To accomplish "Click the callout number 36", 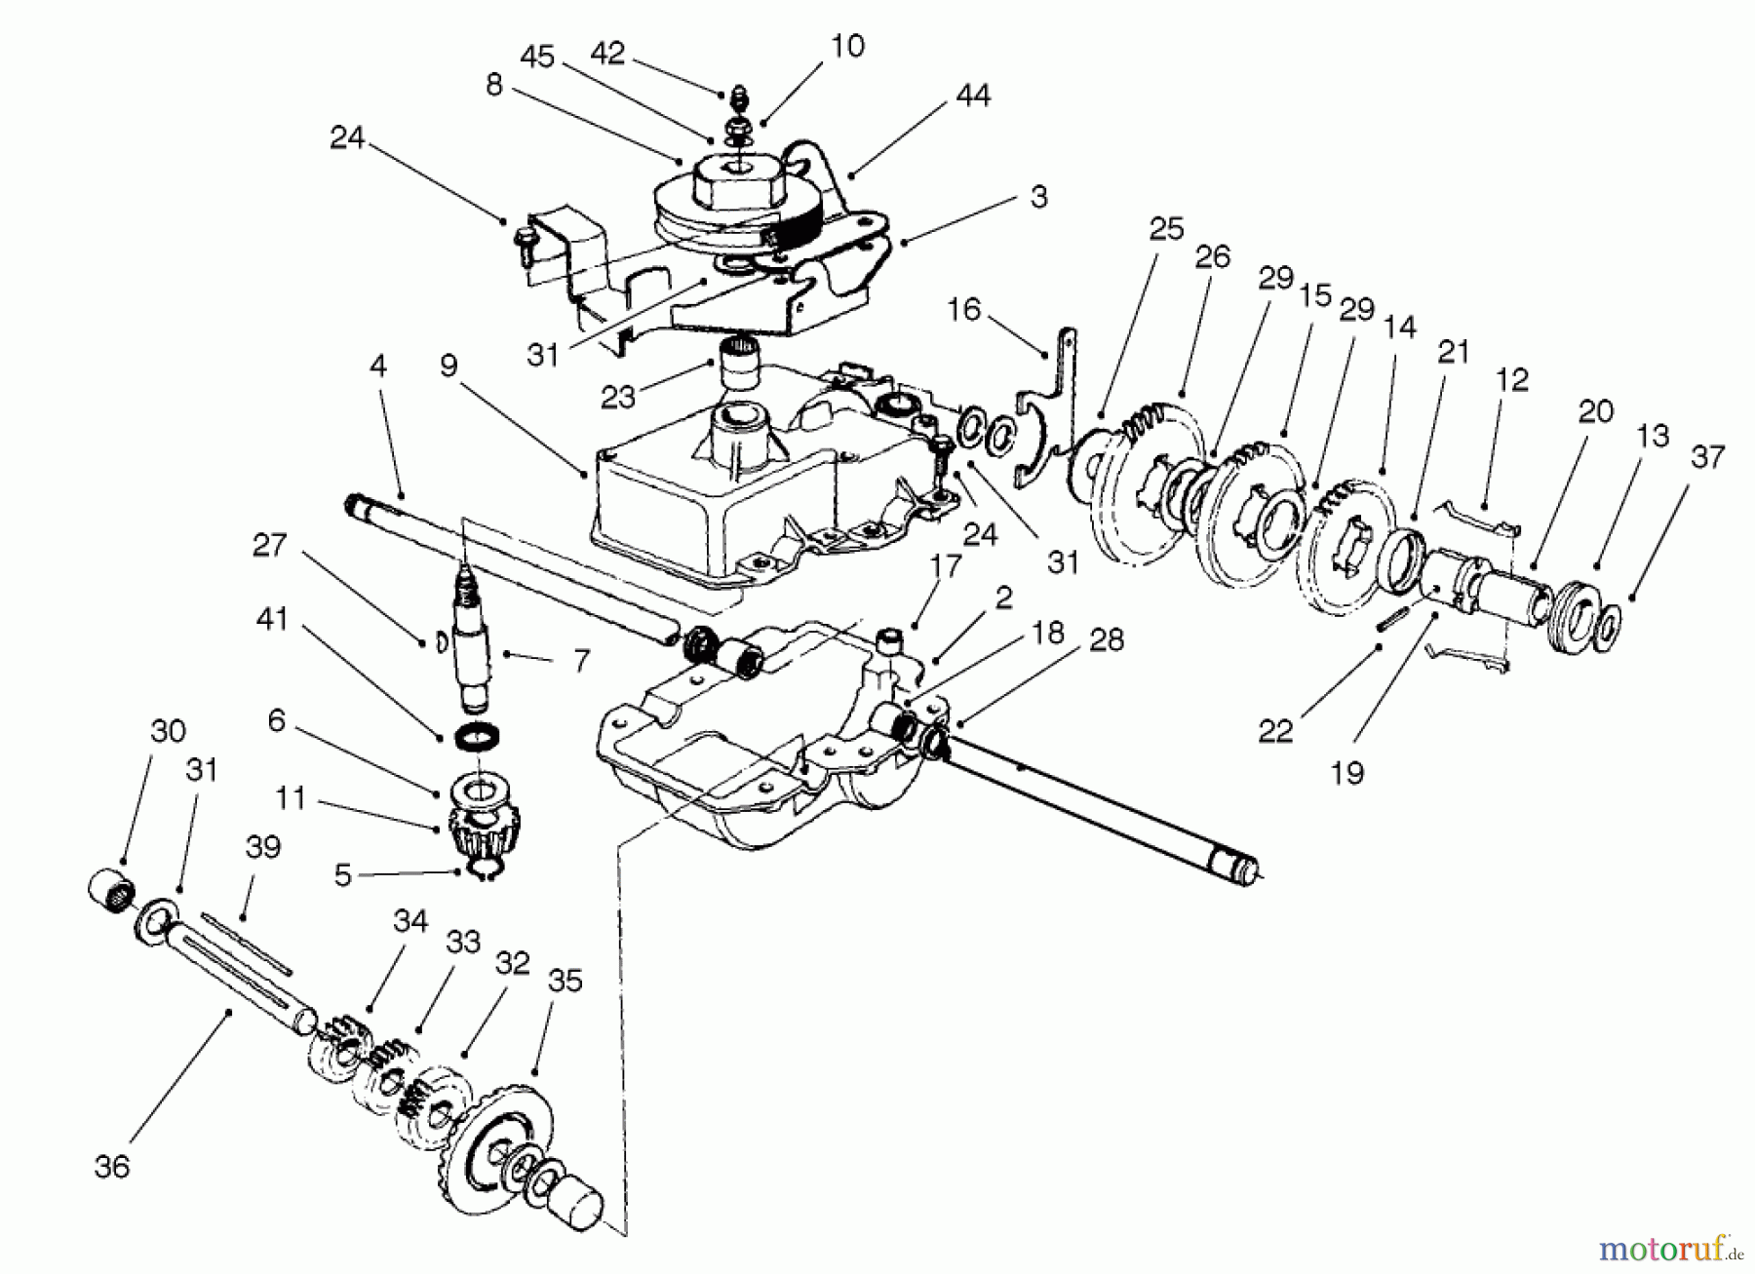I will tap(112, 1165).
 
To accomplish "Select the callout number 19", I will tap(1346, 773).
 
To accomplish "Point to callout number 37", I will tap(1707, 456).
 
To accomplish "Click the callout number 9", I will tap(448, 366).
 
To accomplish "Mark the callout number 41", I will tap(272, 617).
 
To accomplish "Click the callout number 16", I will tap(963, 310).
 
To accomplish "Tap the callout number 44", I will tap(973, 96).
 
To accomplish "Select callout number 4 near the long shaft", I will tap(378, 366).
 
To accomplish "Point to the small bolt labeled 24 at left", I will tap(521, 240).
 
